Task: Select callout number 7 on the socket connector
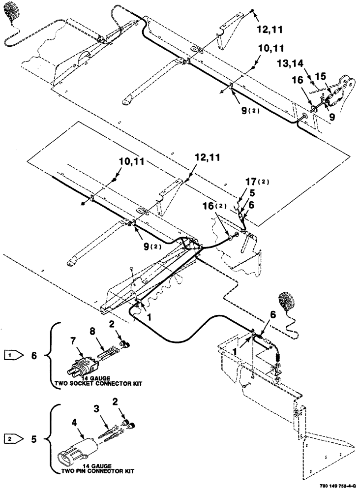(x=73, y=340)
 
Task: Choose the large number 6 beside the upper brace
(x=33, y=354)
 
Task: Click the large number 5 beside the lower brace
(x=33, y=436)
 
